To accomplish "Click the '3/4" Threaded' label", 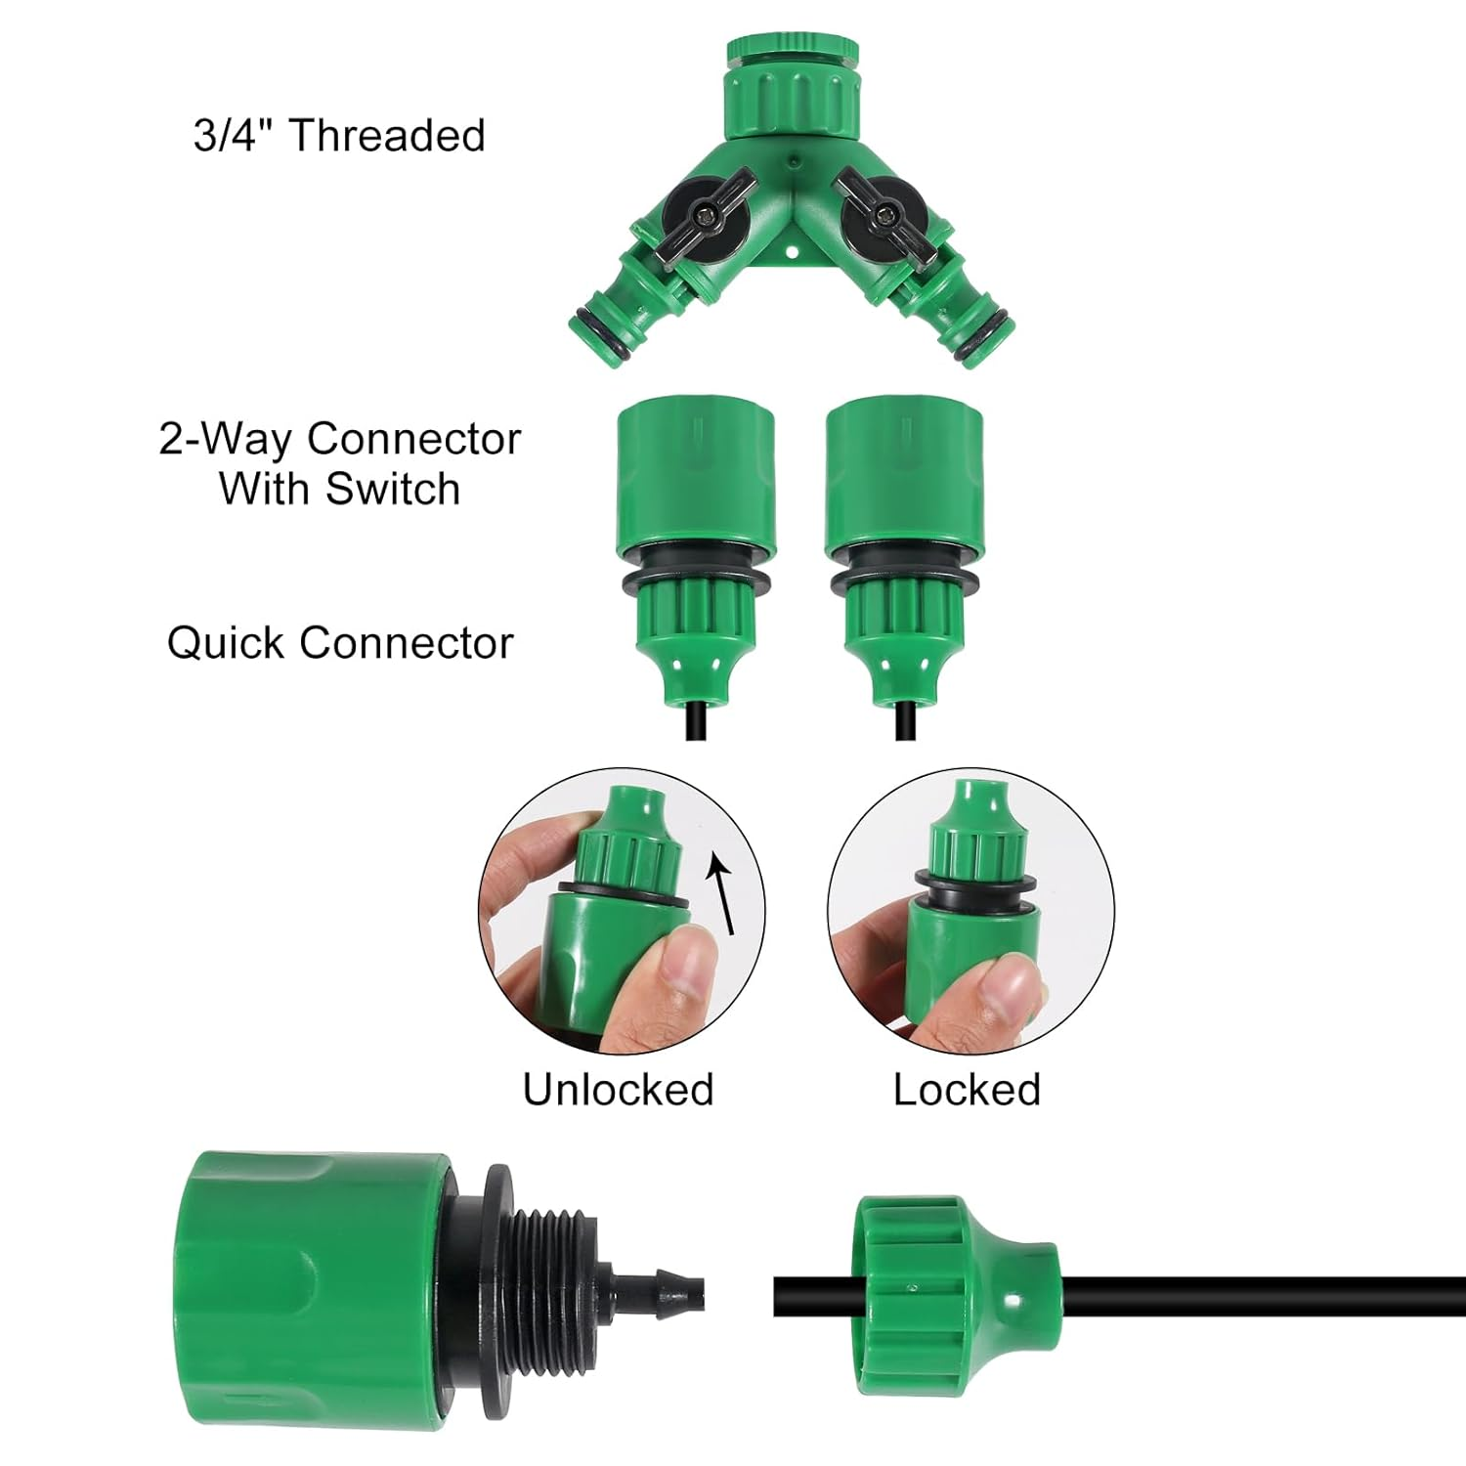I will (339, 135).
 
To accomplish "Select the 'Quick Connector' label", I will (339, 643).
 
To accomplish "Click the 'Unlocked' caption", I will (618, 1090).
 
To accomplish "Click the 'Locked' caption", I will (966, 1090).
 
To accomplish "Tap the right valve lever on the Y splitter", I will (885, 210).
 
